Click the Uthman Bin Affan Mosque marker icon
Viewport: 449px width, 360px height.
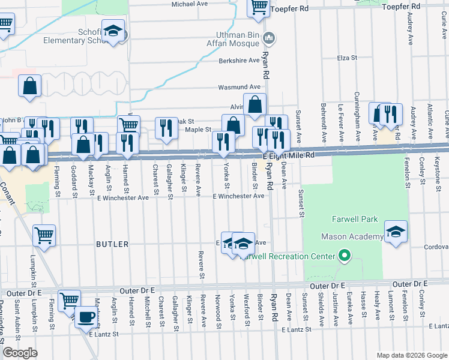coord(269,39)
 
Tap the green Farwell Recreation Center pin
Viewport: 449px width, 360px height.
coord(345,256)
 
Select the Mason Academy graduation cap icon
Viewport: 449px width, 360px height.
coord(396,232)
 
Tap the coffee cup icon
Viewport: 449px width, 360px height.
coord(86,316)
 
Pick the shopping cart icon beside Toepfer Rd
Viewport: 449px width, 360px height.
coord(259,7)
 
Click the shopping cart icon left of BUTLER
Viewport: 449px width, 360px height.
coord(44,236)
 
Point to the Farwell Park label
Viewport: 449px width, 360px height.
coord(354,219)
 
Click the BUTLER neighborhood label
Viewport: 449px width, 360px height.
coord(112,244)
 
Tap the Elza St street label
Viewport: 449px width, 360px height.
coord(347,58)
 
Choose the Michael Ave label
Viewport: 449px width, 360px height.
coord(190,4)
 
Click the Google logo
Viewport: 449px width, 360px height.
coord(19,353)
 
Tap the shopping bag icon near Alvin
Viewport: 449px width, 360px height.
coord(255,104)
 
